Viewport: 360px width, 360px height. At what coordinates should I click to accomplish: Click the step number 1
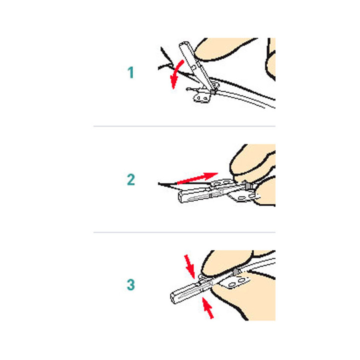pyautogui.click(x=131, y=72)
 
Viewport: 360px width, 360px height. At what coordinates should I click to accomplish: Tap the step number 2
pyautogui.click(x=131, y=179)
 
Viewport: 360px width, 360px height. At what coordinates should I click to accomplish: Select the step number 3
pyautogui.click(x=131, y=284)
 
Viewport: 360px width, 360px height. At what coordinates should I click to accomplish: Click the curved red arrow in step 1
pyautogui.click(x=176, y=73)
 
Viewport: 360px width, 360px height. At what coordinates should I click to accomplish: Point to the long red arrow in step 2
pyautogui.click(x=197, y=178)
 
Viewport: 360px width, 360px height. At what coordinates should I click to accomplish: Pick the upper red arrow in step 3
pyautogui.click(x=189, y=266)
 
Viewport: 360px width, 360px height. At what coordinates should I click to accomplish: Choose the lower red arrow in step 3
pyautogui.click(x=207, y=307)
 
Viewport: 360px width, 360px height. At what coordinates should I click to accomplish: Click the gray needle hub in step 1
pyautogui.click(x=213, y=91)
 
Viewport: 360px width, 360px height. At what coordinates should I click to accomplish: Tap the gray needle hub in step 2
pyautogui.click(x=247, y=185)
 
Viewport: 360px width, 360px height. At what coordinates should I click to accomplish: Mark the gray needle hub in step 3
pyautogui.click(x=236, y=272)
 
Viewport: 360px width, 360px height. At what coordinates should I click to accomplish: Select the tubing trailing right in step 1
pyautogui.click(x=245, y=98)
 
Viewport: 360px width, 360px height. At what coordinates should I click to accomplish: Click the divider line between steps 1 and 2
pyautogui.click(x=184, y=126)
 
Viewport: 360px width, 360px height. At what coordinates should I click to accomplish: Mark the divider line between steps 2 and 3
pyautogui.click(x=184, y=232)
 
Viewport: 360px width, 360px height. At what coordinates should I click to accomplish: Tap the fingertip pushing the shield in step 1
pyautogui.click(x=220, y=49)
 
